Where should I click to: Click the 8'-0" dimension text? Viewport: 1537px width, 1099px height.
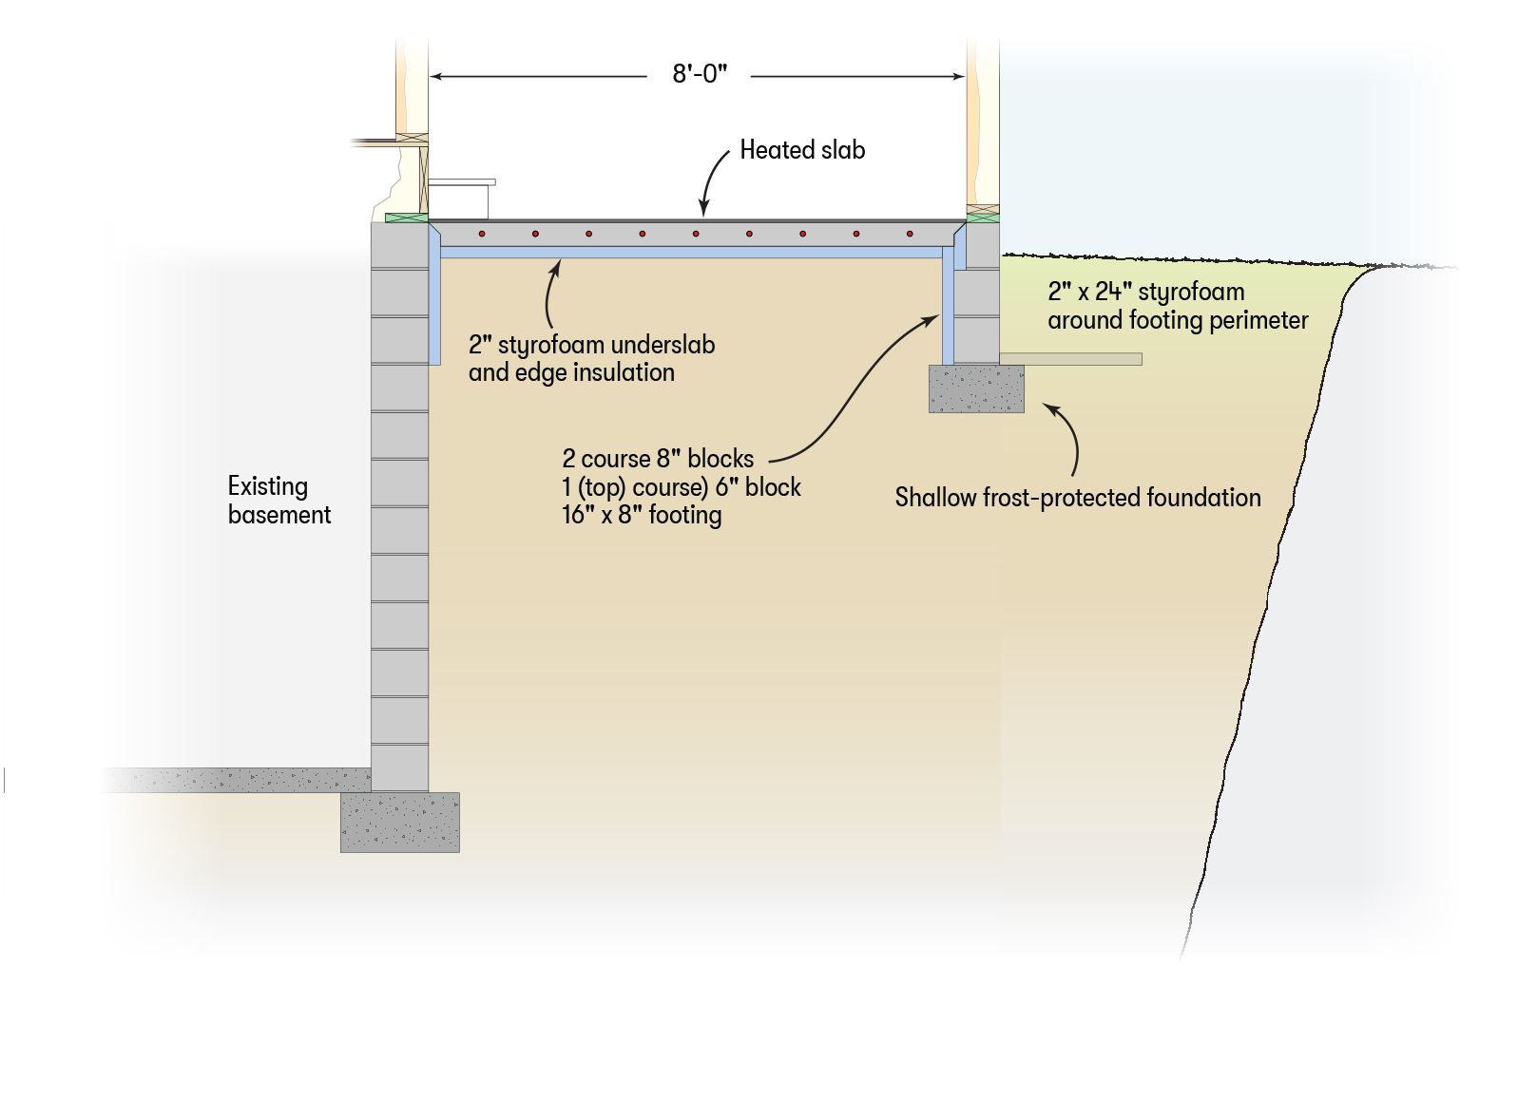pos(700,74)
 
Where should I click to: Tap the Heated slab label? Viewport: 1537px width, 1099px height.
pos(802,150)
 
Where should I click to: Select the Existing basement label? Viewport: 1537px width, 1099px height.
pos(279,501)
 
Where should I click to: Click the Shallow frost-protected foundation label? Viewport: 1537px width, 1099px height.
pos(1078,498)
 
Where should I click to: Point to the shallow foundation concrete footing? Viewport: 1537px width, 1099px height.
pos(976,389)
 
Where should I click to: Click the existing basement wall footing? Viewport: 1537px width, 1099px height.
pos(400,823)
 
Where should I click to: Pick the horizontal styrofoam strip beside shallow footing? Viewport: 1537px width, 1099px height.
pos(1071,359)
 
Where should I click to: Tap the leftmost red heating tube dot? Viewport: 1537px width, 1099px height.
pos(483,234)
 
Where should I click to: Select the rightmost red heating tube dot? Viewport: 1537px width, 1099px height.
pos(910,234)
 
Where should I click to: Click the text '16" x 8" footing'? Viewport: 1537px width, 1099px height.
pos(642,516)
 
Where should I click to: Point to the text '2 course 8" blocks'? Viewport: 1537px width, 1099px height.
pos(658,459)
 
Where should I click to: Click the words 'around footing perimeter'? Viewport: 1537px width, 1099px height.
pos(1178,321)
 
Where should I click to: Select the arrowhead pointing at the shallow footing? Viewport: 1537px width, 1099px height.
pos(1049,407)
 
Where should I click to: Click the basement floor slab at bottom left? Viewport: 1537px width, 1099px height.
pos(238,781)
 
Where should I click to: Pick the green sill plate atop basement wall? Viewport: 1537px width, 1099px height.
pos(406,218)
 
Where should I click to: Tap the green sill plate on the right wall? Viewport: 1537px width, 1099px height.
pos(983,218)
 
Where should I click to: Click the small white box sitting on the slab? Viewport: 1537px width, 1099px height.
pos(459,200)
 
